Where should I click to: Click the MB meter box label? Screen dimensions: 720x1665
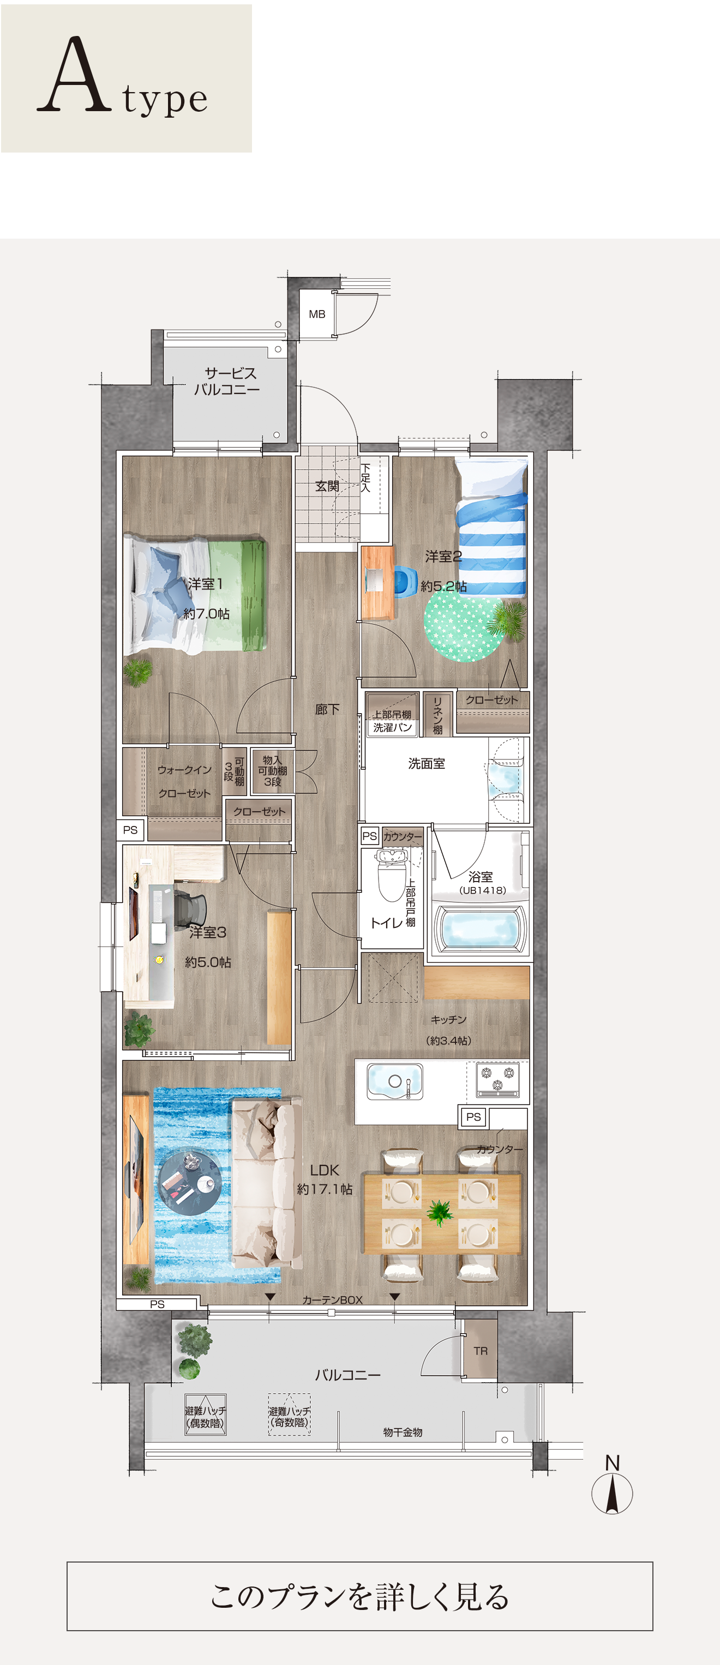317,314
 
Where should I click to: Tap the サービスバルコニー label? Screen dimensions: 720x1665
227,381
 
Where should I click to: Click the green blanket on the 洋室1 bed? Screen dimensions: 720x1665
237,594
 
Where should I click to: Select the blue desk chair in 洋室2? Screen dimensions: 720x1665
404,581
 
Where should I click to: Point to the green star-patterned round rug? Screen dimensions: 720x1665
465,627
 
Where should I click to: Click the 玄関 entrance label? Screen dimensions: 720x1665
327,486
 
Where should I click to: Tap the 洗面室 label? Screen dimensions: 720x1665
427,763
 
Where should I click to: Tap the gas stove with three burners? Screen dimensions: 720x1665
497,1079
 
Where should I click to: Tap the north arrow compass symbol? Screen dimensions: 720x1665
612,1490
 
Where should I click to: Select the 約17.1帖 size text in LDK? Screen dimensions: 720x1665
325,1189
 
